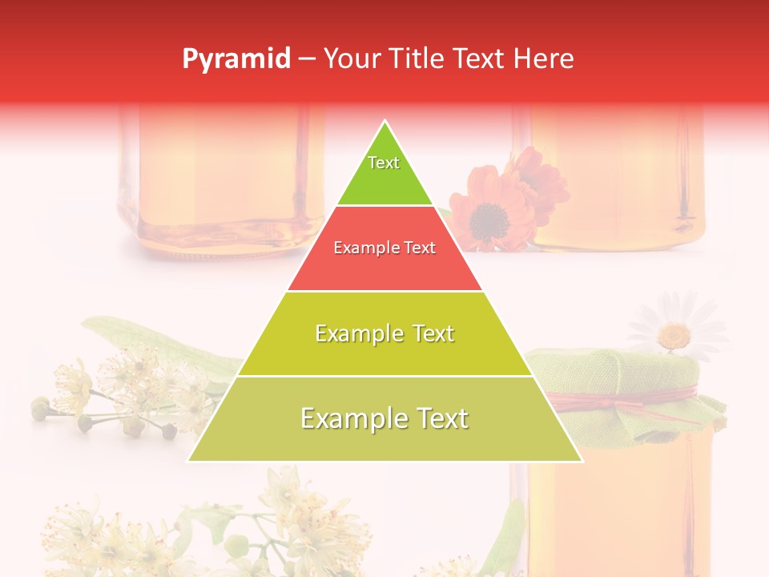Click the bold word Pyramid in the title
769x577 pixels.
tap(236, 59)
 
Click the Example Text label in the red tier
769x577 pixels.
tap(384, 248)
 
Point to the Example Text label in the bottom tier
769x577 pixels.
tap(384, 418)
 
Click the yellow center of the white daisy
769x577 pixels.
tap(676, 334)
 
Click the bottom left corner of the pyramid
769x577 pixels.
tap(189, 461)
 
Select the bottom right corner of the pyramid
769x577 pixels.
tap(582, 461)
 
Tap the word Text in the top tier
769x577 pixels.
tap(384, 163)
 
